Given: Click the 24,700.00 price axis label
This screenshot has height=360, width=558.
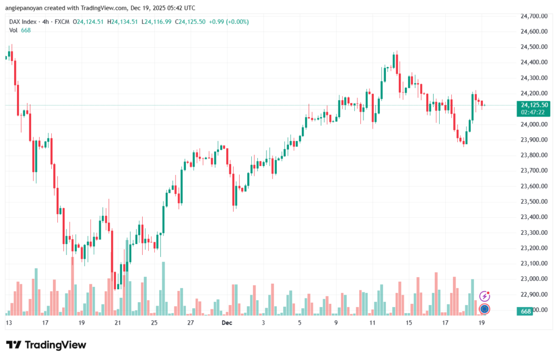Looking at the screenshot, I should [x=534, y=16].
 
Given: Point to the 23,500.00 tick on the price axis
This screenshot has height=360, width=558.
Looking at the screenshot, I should [x=534, y=202].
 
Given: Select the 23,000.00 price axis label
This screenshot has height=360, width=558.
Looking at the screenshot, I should [x=534, y=279].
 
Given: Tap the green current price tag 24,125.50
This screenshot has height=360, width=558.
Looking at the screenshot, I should [x=534, y=105].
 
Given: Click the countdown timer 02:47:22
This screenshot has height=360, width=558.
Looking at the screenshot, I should [x=534, y=112].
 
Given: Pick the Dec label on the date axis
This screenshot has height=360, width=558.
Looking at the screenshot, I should [x=227, y=322].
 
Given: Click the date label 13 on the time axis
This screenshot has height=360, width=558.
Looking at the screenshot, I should [x=9, y=322].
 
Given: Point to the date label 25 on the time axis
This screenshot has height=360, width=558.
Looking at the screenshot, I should [x=154, y=322].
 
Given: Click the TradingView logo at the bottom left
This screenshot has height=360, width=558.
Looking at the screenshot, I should [x=46, y=345].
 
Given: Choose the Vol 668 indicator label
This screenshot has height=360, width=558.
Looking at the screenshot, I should [x=19, y=30].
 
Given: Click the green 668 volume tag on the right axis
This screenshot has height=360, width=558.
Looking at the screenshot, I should [x=526, y=311].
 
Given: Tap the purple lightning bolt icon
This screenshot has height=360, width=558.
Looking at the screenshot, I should [x=484, y=296].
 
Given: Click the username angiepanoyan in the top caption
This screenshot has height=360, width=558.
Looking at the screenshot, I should [x=25, y=7].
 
